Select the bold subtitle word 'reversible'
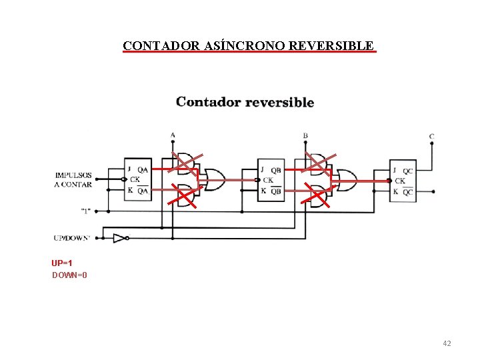(x=279, y=102)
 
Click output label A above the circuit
(x=173, y=135)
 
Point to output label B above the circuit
(x=305, y=135)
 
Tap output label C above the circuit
(x=431, y=137)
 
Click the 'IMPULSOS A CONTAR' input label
(x=73, y=179)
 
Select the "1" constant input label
(x=86, y=211)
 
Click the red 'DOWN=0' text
(x=69, y=275)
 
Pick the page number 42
(x=447, y=343)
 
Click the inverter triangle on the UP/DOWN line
(x=119, y=238)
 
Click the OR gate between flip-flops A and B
(x=214, y=179)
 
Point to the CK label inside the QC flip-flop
(x=400, y=181)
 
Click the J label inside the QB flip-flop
(x=263, y=169)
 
